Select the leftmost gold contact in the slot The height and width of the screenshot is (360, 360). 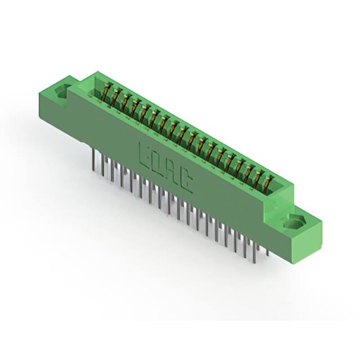pyautogui.click(x=107, y=92)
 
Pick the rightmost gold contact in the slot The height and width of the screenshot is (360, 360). pyautogui.click(x=268, y=183)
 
